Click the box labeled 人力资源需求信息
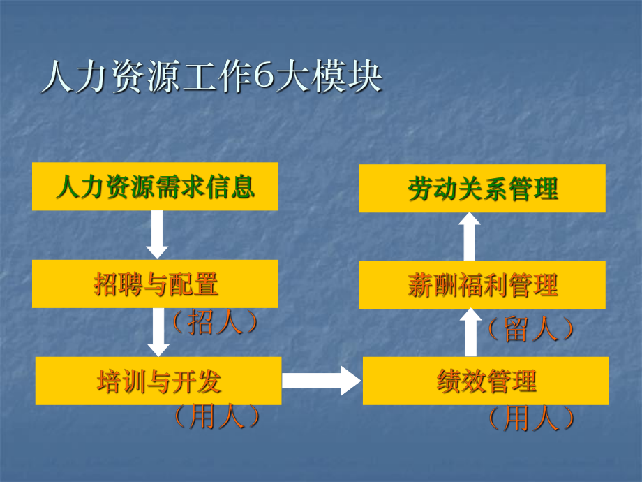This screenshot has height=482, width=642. click(155, 187)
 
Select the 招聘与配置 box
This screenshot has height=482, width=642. click(155, 284)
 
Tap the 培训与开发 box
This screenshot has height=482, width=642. click(158, 381)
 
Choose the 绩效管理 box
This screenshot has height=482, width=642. click(486, 381)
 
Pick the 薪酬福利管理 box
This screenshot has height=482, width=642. click(482, 284)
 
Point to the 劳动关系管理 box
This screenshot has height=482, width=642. click(482, 189)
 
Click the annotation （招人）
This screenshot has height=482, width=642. click(214, 323)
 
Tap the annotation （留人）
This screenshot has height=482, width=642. click(531, 329)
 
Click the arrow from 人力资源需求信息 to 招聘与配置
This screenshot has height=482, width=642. click(157, 234)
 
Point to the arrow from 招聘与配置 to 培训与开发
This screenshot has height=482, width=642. click(159, 331)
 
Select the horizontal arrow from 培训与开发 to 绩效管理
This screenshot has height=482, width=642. click(322, 381)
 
